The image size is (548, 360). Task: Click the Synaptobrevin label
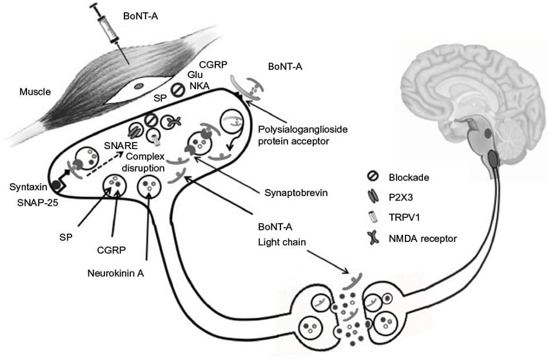(x=290, y=192)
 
